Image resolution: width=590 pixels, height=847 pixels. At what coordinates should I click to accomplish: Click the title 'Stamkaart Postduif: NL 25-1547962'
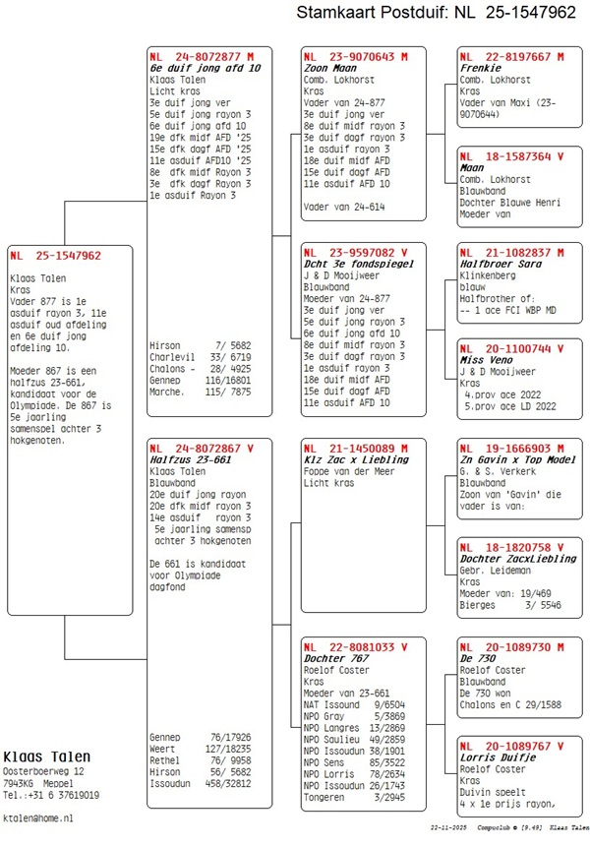coord(436,13)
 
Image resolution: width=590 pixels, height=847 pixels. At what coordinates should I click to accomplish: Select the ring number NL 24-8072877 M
coord(202,57)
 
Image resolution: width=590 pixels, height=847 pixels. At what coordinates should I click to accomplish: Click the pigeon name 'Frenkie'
coord(481,68)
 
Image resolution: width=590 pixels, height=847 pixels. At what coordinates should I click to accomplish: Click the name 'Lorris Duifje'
coord(497,757)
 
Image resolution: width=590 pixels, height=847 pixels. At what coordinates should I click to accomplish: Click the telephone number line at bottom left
coord(51,795)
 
